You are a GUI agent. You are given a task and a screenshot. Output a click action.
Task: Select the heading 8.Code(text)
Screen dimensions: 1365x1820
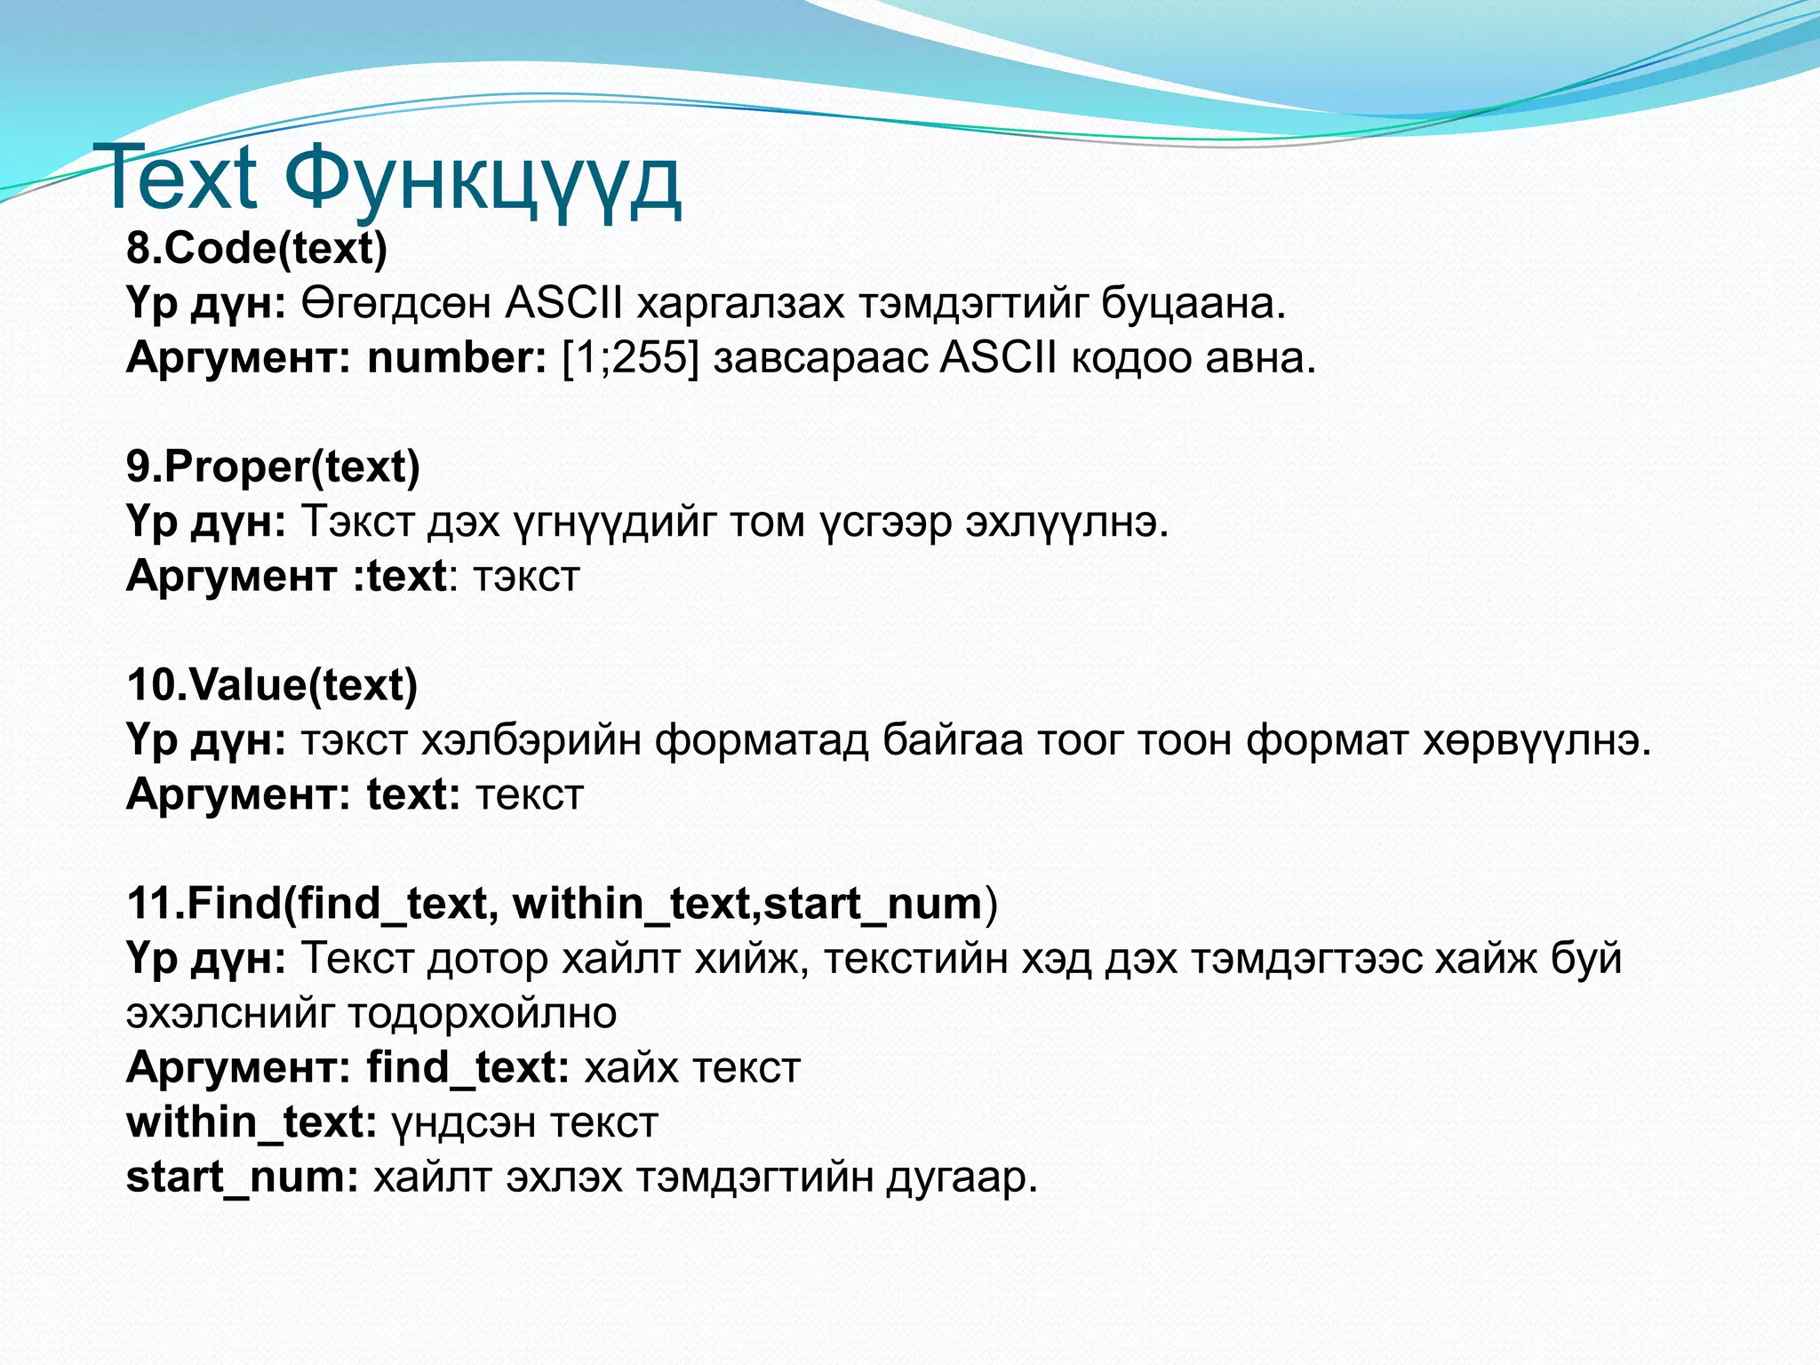257,248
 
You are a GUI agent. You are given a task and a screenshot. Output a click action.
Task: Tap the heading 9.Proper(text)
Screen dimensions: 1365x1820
273,467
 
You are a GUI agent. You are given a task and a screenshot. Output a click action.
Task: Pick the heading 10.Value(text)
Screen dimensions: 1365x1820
272,685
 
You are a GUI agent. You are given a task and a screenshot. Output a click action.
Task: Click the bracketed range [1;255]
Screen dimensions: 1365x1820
630,358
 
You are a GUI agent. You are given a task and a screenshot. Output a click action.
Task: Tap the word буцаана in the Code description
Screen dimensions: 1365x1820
1193,304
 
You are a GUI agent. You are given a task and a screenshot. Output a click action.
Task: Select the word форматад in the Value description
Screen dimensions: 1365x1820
761,740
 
